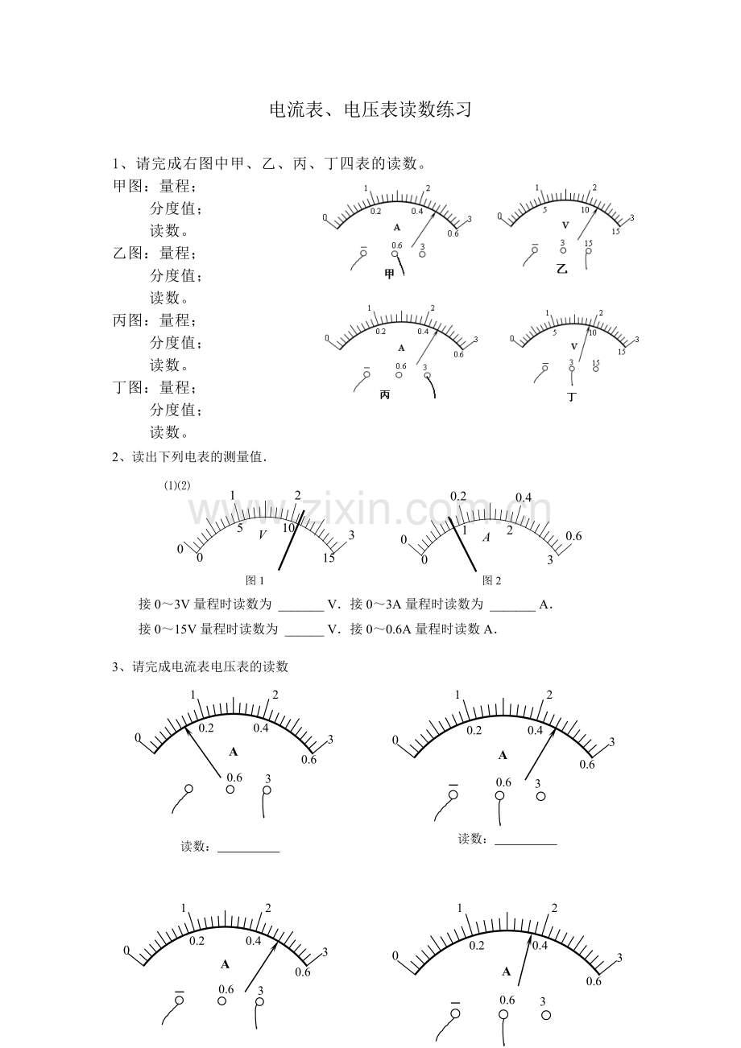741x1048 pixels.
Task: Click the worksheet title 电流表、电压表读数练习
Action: [x=370, y=110]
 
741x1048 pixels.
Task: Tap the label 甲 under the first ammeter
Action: [x=390, y=274]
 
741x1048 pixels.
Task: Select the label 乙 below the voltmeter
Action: [x=561, y=269]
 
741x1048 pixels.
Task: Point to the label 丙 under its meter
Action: [x=384, y=395]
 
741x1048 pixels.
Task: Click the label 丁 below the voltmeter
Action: [x=572, y=397]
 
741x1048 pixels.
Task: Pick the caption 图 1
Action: [x=255, y=580]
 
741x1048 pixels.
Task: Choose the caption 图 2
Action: [x=491, y=580]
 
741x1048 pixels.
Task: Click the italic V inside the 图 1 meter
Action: [x=263, y=535]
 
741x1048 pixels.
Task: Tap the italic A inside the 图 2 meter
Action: [x=486, y=537]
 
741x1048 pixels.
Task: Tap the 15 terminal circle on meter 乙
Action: [x=588, y=250]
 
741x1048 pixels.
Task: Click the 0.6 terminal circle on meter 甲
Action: [x=395, y=254]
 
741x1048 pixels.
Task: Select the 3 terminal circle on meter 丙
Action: [x=427, y=375]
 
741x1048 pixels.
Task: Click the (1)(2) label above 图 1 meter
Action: [x=177, y=485]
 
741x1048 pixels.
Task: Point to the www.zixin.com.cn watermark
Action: [x=370, y=510]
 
